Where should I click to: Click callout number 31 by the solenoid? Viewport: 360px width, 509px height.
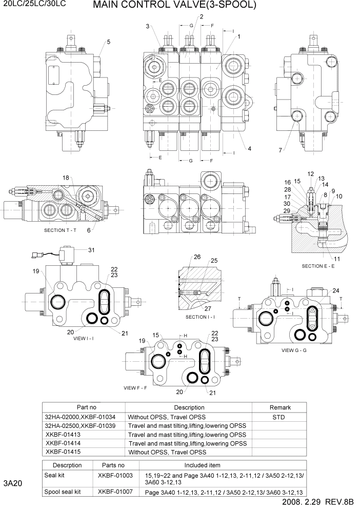92,250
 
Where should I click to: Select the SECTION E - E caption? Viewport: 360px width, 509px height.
318,266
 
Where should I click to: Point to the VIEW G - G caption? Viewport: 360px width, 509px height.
294,350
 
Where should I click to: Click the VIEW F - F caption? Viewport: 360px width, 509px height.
135,387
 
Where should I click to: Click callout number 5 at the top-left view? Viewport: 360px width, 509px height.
108,42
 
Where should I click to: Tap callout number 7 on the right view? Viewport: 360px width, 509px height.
280,150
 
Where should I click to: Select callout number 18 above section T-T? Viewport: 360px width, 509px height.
66,177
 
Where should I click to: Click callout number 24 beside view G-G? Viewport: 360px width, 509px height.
336,290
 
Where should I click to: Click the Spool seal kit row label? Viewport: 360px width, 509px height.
63,492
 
